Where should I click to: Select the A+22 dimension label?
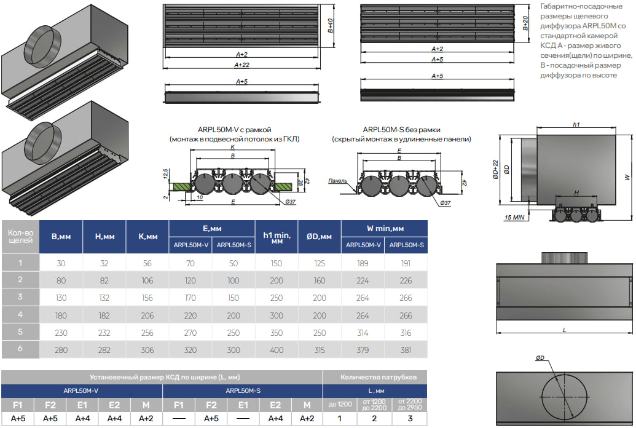tap(242, 64)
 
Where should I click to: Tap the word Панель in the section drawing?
tap(337, 181)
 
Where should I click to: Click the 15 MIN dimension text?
tap(514, 218)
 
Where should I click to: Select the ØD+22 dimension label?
tap(496, 168)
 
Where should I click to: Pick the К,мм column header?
tap(146, 236)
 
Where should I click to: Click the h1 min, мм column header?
tap(277, 237)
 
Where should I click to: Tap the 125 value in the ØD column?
tap(320, 263)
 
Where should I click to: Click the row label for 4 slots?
tap(20, 315)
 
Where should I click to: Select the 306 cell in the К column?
tap(146, 350)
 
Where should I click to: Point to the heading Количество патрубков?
tap(378, 377)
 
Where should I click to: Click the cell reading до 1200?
tap(340, 404)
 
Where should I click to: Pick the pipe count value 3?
tap(410, 419)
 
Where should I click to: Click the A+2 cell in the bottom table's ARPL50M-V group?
tap(146, 419)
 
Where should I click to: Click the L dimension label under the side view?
tap(563, 330)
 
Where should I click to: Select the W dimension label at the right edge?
tap(627, 177)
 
